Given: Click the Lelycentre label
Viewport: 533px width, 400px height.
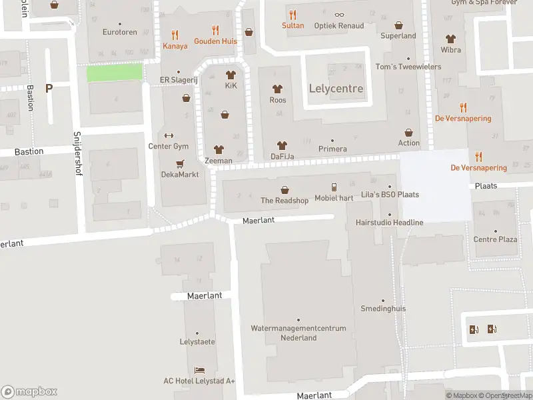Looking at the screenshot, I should tap(336, 89).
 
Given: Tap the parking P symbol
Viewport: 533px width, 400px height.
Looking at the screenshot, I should tap(49, 88).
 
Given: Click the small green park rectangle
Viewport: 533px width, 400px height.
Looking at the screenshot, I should tap(115, 72).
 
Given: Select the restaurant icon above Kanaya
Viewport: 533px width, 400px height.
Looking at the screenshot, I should tap(175, 35).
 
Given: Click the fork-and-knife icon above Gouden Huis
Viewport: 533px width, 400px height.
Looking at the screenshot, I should tap(215, 30).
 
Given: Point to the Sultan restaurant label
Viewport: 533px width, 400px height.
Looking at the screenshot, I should tap(292, 26).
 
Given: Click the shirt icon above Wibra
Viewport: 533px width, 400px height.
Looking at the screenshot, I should tap(450, 39).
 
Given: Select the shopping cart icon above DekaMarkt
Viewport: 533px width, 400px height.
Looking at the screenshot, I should tap(179, 163).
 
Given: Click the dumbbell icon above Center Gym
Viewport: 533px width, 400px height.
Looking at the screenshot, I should tap(168, 135).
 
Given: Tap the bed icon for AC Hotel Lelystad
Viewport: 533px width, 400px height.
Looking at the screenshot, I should tap(199, 370).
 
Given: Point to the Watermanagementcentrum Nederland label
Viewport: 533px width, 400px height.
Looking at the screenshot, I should tap(298, 333).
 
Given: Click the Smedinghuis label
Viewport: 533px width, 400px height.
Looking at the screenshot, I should tap(383, 309).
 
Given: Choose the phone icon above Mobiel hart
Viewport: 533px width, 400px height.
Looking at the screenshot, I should tap(334, 187).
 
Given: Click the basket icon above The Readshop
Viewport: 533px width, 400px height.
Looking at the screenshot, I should tap(284, 189).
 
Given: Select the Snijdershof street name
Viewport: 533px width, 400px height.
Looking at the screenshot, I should tap(76, 149).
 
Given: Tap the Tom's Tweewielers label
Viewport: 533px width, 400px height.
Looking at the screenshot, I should tap(408, 67).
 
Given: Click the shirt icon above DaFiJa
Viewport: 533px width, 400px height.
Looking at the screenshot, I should tap(282, 145).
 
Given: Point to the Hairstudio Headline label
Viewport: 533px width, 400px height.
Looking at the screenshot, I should tap(390, 222).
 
